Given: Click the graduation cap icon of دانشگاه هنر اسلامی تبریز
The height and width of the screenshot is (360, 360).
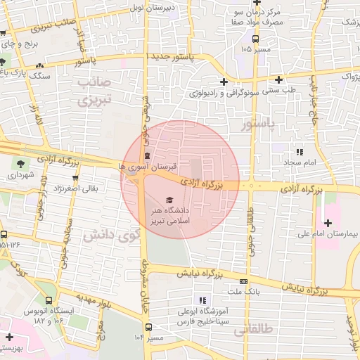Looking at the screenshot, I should [168, 200].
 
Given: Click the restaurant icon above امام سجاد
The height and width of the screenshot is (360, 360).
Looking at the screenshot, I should [300, 151].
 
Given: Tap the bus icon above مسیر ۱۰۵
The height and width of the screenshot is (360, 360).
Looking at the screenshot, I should [255, 40].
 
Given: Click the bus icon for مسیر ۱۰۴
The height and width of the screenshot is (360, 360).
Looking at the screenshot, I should [148, 326].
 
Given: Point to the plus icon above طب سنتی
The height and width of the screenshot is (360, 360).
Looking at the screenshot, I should [279, 79].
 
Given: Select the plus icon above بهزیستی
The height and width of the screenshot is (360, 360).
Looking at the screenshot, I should [8, 338].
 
